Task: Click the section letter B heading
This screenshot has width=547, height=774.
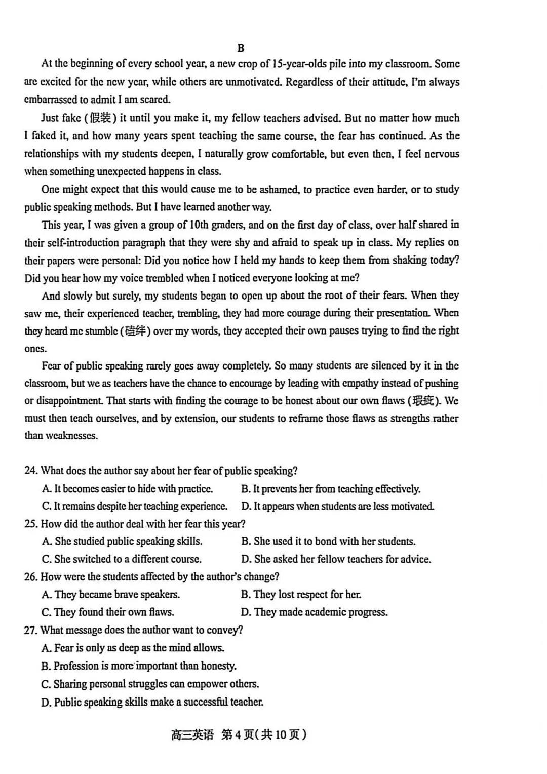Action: (x=241, y=48)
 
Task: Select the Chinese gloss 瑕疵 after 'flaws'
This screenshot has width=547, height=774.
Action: (x=423, y=401)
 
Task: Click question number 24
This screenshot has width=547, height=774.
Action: (x=31, y=471)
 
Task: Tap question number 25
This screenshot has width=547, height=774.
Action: (x=31, y=524)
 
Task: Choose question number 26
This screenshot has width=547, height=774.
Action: (x=31, y=577)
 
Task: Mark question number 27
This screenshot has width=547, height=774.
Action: (x=31, y=630)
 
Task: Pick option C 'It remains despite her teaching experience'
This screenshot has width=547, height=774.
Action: (x=135, y=506)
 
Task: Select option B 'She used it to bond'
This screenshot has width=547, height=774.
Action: (x=328, y=541)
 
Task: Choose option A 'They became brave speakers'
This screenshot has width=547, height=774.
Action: (x=111, y=595)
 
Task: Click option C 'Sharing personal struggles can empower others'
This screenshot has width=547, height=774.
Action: (x=150, y=684)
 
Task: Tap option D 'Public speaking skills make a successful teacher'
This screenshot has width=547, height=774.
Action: (x=152, y=702)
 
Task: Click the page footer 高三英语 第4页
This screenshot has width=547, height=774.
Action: (x=239, y=734)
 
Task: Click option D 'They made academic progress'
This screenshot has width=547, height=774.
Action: (x=314, y=612)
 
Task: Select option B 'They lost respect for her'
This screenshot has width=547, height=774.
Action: (x=301, y=595)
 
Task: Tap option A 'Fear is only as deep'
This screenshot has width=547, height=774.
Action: (x=133, y=648)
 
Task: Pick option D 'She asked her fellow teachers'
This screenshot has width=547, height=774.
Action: (x=336, y=559)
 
